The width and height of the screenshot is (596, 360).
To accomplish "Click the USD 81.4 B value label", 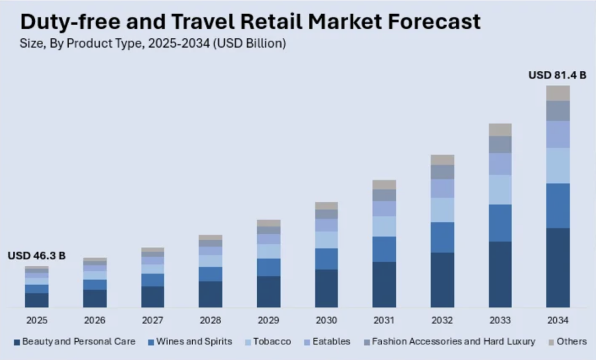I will (x=556, y=75).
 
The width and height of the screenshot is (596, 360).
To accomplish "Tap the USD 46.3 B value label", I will (x=36, y=255).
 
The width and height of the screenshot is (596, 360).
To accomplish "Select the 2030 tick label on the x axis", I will (x=326, y=320).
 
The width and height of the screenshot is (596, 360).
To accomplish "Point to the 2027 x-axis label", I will (x=152, y=320).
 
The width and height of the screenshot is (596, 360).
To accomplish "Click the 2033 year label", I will (x=500, y=320).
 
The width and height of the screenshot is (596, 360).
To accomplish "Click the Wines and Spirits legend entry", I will (x=194, y=341).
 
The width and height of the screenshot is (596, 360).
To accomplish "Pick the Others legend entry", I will (x=571, y=341).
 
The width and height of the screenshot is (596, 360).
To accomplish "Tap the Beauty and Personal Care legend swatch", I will (x=17, y=342).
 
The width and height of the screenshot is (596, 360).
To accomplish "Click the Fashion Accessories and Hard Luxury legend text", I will (x=453, y=341).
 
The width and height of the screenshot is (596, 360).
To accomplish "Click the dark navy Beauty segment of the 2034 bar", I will (x=558, y=268).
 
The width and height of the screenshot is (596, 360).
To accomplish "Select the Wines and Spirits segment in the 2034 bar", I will (x=558, y=205).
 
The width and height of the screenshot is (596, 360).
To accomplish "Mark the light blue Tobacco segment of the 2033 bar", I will (x=500, y=190).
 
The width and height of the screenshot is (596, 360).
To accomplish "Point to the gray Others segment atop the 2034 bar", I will (x=558, y=93).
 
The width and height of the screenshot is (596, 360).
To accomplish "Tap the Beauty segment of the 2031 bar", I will (x=384, y=284).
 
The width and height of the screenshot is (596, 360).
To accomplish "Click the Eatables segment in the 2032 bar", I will (x=442, y=188).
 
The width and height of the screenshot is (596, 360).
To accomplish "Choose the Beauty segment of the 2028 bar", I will (x=210, y=294).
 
